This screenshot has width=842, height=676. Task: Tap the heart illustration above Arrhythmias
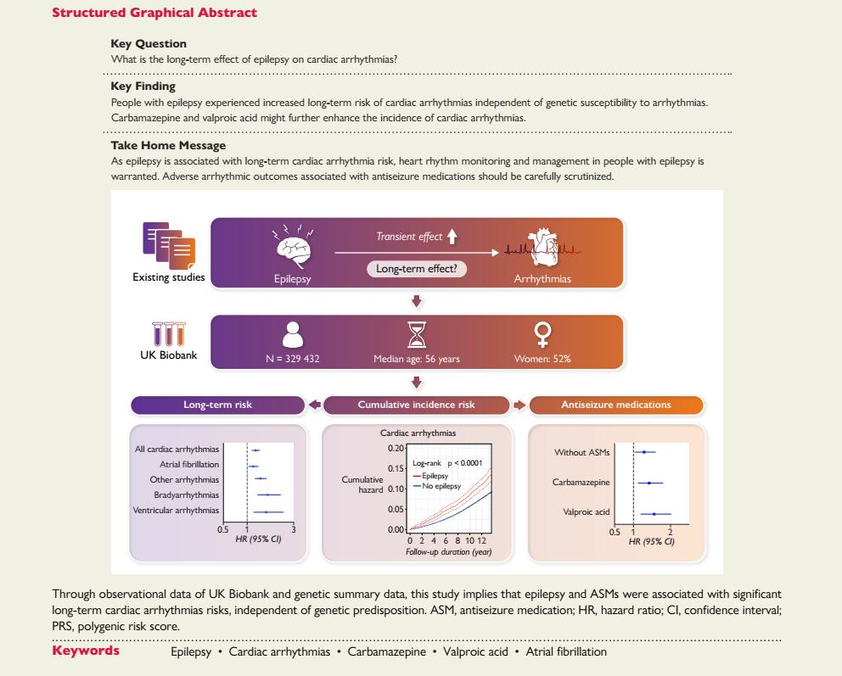pos(542,246)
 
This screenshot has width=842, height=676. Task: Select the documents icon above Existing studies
pos(168,244)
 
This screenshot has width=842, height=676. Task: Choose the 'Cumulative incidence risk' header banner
pos(417,405)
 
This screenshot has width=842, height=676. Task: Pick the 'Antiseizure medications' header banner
pos(616,405)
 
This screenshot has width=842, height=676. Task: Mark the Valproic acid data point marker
pos(654,514)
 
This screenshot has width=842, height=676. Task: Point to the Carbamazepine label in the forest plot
pos(581,483)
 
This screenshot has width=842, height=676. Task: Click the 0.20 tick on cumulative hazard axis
pos(397,447)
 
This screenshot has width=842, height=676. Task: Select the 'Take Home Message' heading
pos(156,146)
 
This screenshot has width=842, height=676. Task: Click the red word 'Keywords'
pos(86,651)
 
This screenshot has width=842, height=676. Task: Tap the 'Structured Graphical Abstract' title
pos(154,14)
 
